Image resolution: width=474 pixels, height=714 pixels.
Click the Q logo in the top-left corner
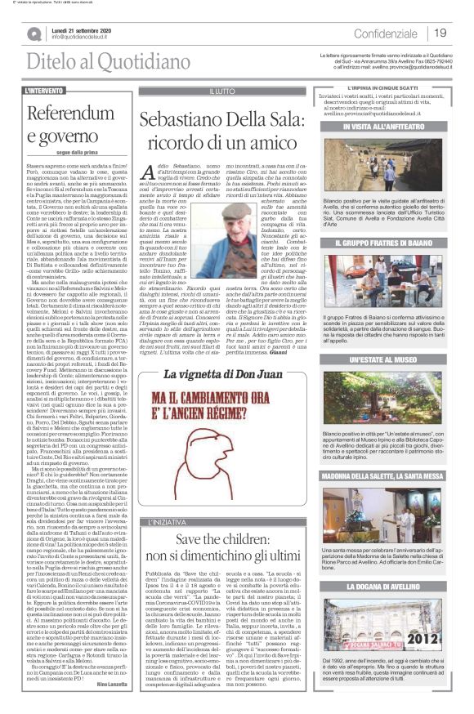coord(34,33)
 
